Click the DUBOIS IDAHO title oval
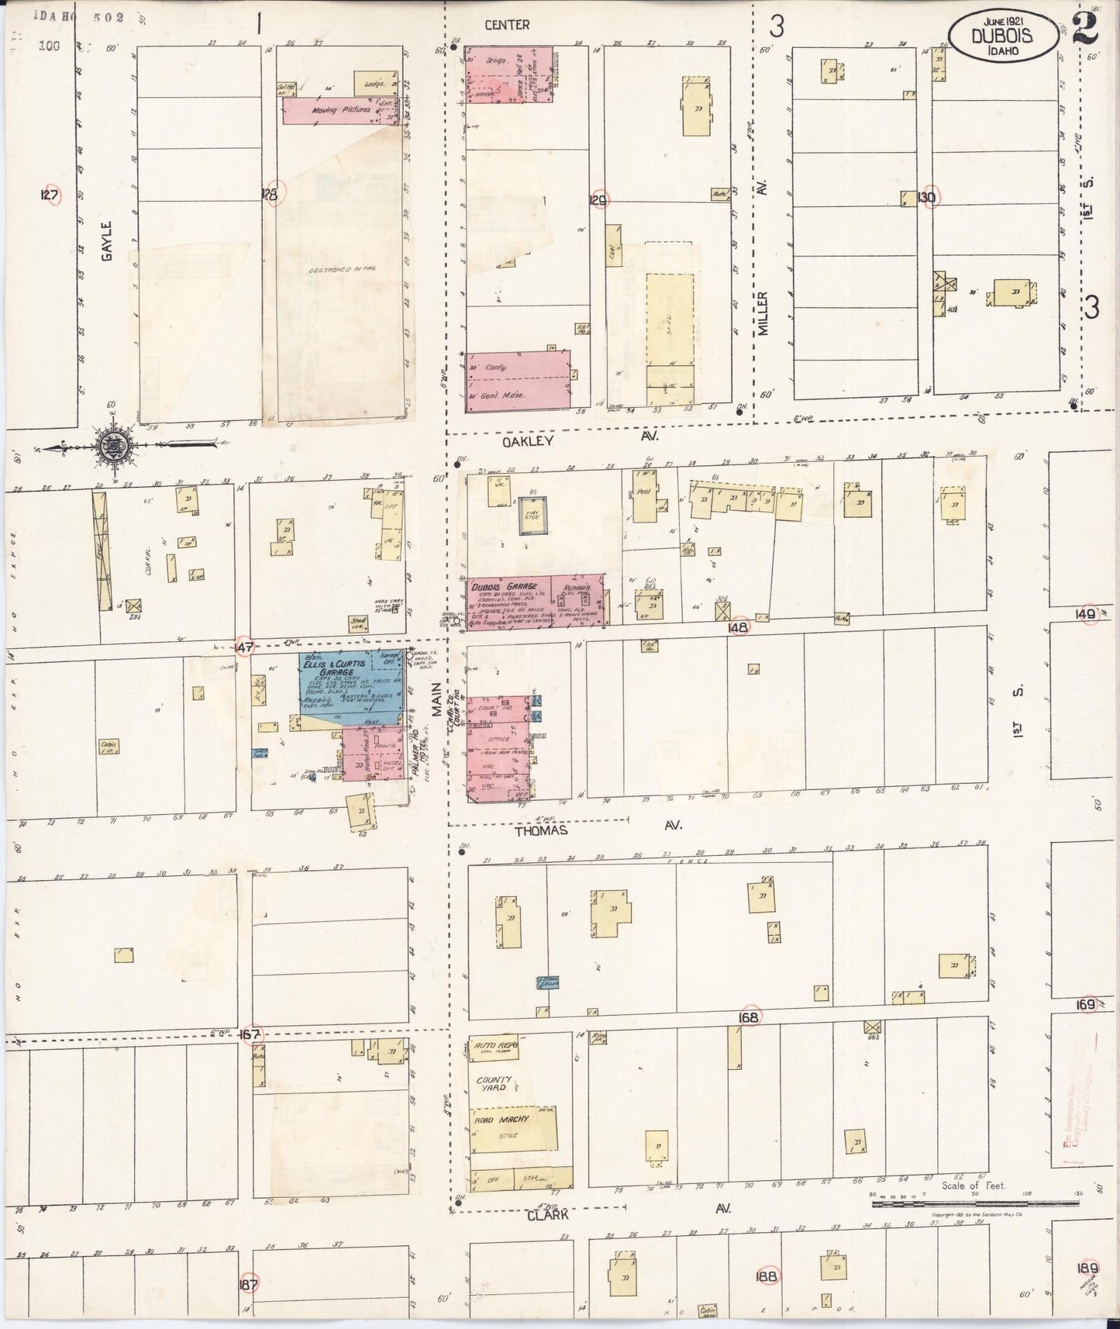1000,35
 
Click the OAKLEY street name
528,440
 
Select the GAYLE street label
107,240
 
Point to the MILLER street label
763,312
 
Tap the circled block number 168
749,1017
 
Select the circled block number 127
50,196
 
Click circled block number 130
926,197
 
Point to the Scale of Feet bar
974,1203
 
